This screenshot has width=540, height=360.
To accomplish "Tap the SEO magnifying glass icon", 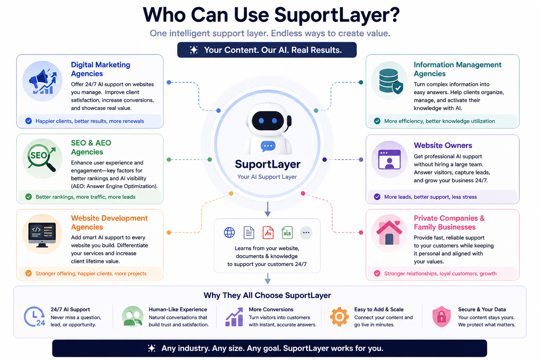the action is click(x=42, y=158).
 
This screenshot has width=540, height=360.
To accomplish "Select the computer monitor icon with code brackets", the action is click(x=42, y=235).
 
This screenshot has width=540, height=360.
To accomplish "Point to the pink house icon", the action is click(x=389, y=233).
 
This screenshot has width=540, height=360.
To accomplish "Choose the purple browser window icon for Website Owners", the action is click(x=389, y=159).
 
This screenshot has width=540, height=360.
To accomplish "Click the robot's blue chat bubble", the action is click(x=268, y=146).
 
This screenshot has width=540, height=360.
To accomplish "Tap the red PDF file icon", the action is click(x=268, y=233).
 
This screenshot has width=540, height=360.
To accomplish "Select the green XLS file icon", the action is click(x=287, y=233).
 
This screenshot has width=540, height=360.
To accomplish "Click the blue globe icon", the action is click(x=229, y=233).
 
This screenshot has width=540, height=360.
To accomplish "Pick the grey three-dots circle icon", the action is click(x=306, y=233).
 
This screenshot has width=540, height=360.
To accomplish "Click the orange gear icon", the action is click(x=339, y=317).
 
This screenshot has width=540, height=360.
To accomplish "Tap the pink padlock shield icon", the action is click(x=442, y=317).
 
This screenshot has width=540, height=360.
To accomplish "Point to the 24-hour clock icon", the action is click(x=34, y=317).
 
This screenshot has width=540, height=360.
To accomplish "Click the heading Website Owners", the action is click(x=443, y=146).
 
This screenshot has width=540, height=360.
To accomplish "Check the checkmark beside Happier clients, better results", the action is click(x=28, y=121).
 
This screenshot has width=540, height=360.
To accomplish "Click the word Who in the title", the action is click(x=164, y=15).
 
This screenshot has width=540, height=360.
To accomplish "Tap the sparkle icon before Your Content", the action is click(x=194, y=50).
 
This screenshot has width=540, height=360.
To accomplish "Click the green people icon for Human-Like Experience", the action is click(x=133, y=317).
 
